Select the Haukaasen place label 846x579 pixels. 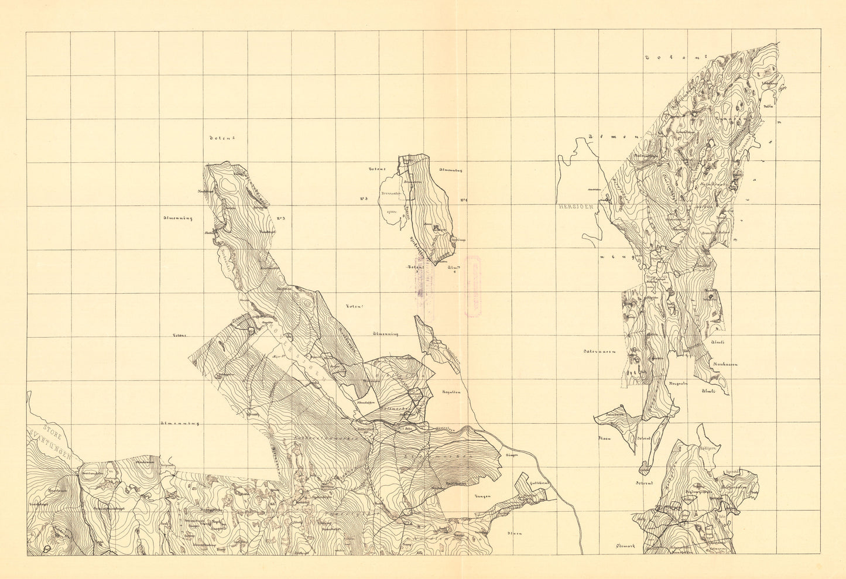725,364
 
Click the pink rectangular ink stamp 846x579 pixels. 473,286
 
